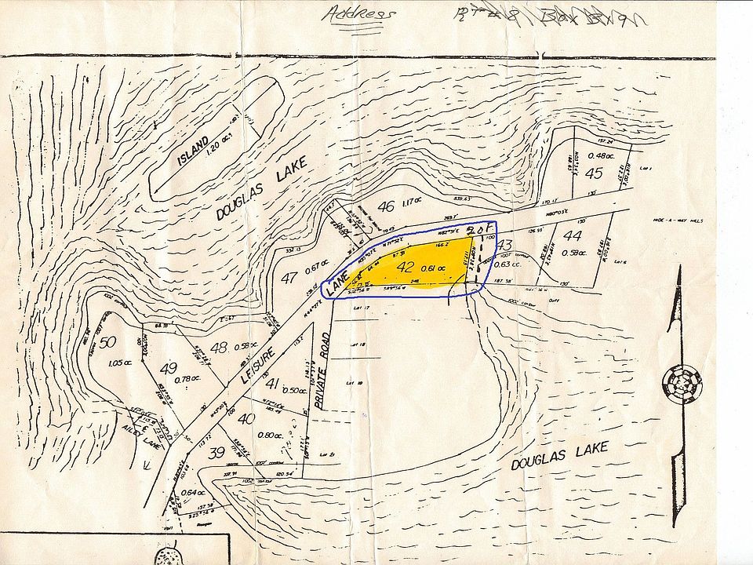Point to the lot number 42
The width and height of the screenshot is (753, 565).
click(406, 267)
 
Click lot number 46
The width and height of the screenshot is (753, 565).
click(385, 207)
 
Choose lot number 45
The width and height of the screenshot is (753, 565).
click(594, 173)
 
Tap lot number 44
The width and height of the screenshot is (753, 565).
click(573, 235)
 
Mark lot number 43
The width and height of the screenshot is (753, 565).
click(504, 246)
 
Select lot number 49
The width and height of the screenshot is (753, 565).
click(168, 367)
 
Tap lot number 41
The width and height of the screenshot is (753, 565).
click(273, 384)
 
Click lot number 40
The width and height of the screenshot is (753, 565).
click(246, 418)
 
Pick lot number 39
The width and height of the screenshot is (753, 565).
click(216, 450)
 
